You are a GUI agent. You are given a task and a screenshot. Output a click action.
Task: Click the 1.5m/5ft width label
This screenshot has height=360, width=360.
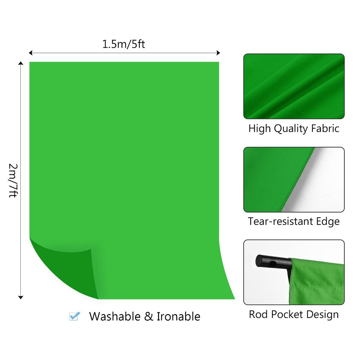coord(123,44)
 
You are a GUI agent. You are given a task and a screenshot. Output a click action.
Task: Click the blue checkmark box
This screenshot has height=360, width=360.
coord(74,316)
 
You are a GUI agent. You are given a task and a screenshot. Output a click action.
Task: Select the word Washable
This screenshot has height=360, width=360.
coord(115,316)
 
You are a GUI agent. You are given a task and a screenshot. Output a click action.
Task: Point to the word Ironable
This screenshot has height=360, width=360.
coord(178,316)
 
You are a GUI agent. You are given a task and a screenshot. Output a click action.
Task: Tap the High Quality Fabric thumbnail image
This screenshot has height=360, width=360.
coord(294,86)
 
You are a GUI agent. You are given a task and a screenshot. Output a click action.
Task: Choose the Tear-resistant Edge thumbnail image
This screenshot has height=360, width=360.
coord(294,179)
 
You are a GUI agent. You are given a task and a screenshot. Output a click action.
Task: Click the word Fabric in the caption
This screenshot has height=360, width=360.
coord(325,128)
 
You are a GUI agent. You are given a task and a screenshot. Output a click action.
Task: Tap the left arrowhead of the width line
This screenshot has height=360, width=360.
coord(31,53)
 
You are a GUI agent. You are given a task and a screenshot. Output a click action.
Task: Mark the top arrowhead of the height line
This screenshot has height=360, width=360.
coord(21,64)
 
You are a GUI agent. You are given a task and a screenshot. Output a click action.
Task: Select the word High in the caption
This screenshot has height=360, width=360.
coord(259,128)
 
